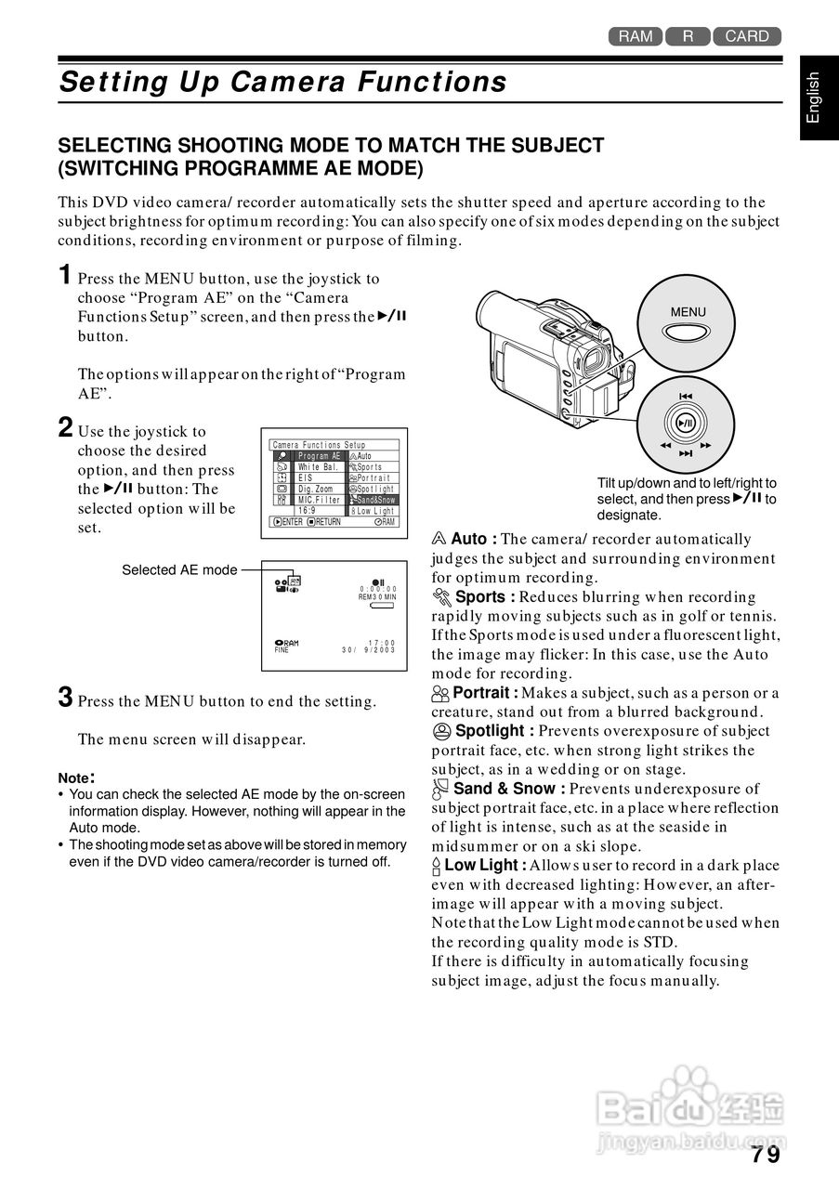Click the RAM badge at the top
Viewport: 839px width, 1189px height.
636,36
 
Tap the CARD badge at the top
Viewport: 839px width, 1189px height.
747,36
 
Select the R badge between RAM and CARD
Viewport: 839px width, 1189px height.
688,36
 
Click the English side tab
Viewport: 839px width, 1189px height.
814,97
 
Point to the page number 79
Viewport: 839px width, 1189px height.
767,1155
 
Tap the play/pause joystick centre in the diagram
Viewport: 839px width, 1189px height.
686,423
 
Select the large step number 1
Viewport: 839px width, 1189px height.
65,275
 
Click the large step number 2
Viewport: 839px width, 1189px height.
65,428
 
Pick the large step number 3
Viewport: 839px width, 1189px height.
65,699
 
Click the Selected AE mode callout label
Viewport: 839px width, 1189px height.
179,569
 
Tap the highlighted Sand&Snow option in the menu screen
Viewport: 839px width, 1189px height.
374,500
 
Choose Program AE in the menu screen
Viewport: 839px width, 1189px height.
320,456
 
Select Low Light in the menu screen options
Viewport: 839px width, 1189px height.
374,511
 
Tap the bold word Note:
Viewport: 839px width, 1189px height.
76,777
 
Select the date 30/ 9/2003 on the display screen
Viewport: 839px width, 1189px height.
369,650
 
